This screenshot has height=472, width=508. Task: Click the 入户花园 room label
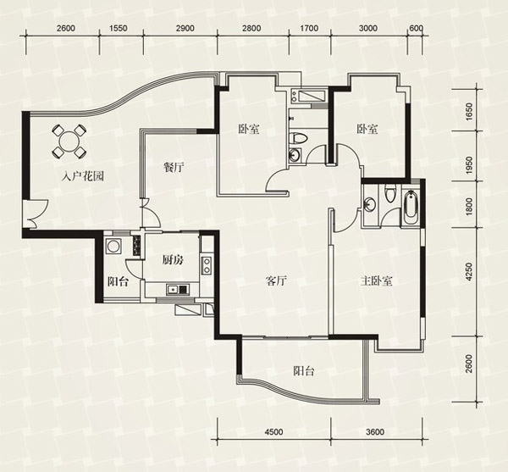click(83, 176)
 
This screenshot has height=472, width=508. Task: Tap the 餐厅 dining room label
click(174, 168)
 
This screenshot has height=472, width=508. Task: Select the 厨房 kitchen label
click(172, 260)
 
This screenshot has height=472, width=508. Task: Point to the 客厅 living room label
click(276, 280)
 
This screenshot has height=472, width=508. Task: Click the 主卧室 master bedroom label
click(377, 280)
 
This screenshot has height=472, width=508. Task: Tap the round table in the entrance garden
click(69, 142)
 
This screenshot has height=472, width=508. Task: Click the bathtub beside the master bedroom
click(411, 208)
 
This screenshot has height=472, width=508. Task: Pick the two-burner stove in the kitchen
click(206, 265)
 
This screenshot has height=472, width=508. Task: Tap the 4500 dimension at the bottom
click(273, 432)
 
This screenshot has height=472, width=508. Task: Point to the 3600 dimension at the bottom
click(375, 432)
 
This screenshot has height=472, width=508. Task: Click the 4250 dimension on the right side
click(469, 272)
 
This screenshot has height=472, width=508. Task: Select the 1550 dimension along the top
click(118, 29)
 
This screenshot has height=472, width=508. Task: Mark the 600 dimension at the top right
click(417, 29)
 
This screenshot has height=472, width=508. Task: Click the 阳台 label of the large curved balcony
click(304, 371)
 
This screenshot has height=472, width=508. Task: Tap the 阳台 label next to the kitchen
click(118, 281)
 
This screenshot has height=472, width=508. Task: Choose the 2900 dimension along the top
click(185, 29)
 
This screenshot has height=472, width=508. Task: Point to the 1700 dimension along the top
click(309, 29)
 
